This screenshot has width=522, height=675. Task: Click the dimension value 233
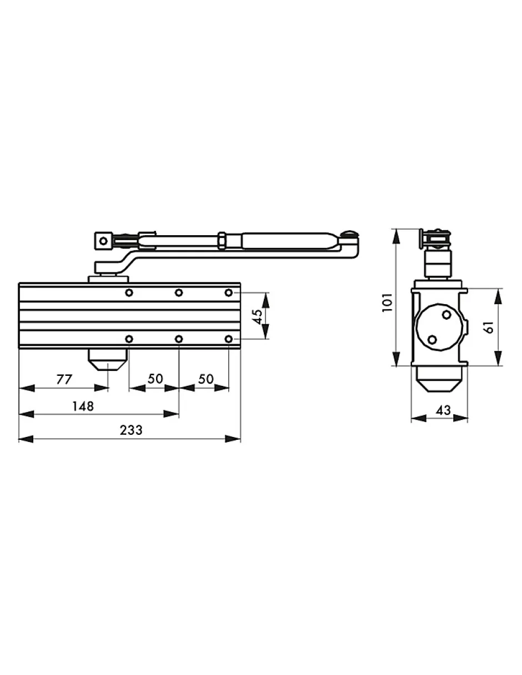tap(131, 430)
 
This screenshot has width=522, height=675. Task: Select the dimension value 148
tap(83, 406)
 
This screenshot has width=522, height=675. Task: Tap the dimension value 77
tap(64, 379)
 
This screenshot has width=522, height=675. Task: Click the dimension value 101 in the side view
tap(388, 302)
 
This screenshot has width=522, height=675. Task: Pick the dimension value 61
tap(489, 327)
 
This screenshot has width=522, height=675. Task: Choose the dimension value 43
tap(443, 410)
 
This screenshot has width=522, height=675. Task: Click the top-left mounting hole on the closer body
tap(129, 292)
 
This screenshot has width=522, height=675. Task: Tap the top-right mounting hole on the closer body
tap(229, 292)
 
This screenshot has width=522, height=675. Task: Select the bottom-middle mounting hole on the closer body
tap(179, 339)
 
